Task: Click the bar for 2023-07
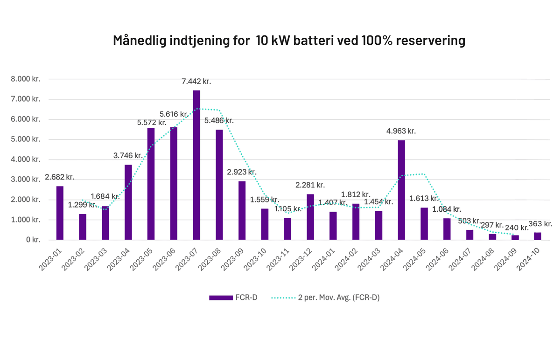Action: [196, 166]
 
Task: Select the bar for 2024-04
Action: [401, 190]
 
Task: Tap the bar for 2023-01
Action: [60, 213]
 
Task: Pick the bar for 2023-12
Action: [310, 217]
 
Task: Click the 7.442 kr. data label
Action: [196, 81]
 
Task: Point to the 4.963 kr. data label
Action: [401, 131]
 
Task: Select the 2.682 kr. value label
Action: [60, 177]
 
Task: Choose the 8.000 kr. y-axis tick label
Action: [26, 79]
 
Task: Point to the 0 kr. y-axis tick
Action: [33, 240]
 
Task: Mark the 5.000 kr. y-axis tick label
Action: [26, 139]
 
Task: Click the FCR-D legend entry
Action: [233, 298]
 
